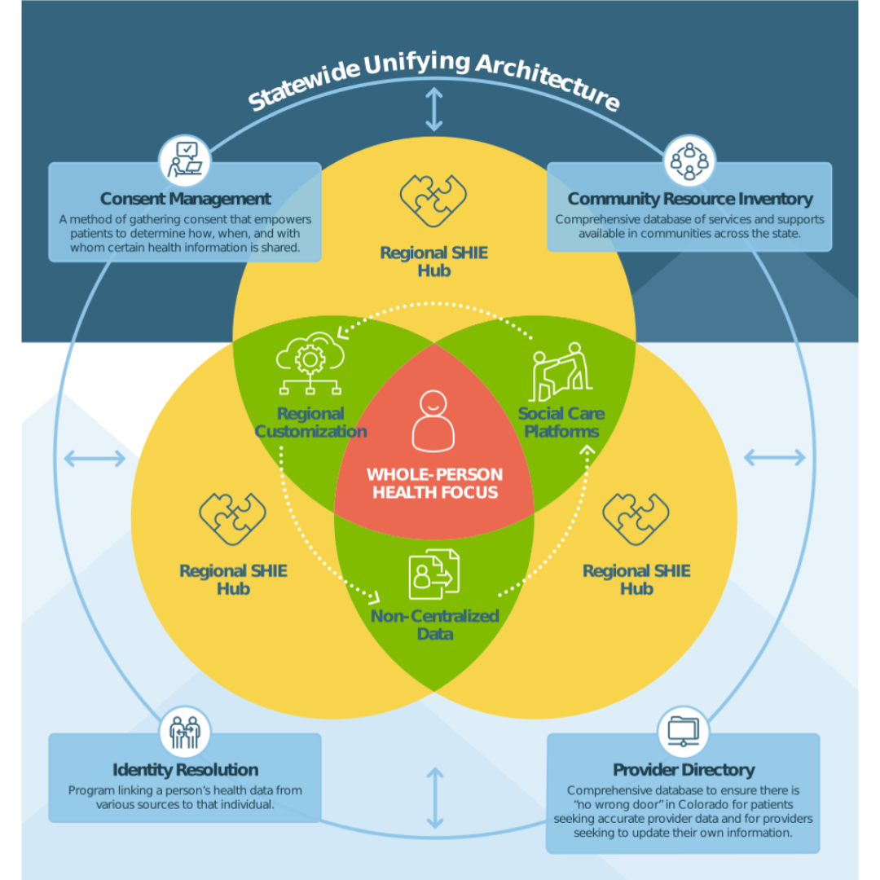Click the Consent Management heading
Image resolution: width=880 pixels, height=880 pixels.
click(185, 199)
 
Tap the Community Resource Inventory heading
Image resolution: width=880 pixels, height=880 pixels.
click(689, 199)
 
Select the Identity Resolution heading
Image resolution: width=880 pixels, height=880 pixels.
click(185, 769)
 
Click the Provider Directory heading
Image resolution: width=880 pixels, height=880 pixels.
click(683, 769)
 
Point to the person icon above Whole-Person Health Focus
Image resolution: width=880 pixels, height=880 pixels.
click(433, 420)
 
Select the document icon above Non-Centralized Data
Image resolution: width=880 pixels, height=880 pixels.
click(433, 574)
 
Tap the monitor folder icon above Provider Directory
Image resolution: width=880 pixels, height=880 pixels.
click(683, 731)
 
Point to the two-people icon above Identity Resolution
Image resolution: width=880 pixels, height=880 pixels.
click(185, 731)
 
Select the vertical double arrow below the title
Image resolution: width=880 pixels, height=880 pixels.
click(433, 109)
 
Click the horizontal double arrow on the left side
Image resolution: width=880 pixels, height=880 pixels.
click(95, 459)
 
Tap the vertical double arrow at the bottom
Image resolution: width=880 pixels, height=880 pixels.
click(435, 798)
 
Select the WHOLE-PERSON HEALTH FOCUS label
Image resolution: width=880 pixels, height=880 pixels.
click(433, 483)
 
